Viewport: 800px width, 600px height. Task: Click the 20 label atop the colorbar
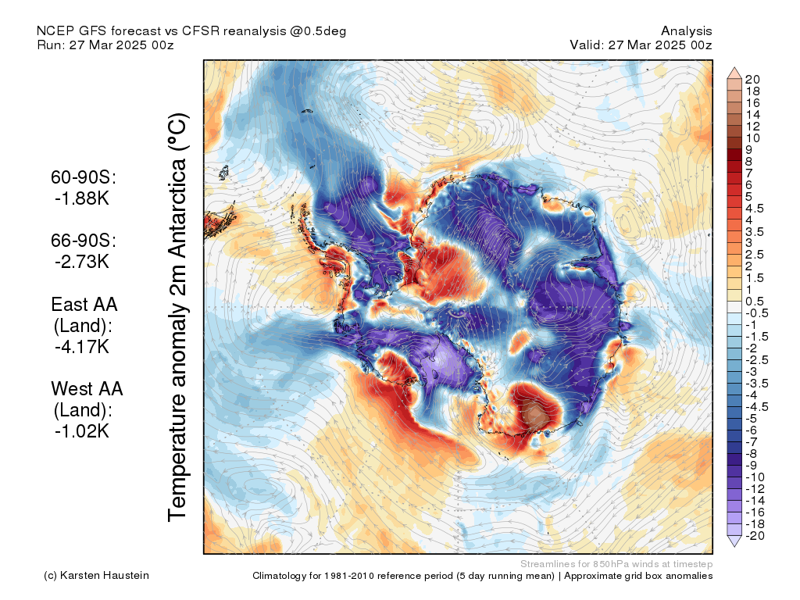752,80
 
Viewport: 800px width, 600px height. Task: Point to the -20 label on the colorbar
755,536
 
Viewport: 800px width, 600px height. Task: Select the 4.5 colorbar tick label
755,209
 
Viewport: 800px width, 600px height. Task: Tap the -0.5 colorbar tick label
756,313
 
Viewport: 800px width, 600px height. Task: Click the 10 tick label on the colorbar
752,138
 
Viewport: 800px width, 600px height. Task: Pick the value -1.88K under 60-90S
82,198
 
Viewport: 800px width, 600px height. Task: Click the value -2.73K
82,262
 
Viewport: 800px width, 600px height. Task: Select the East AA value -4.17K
82,347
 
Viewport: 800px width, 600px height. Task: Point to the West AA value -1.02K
82,431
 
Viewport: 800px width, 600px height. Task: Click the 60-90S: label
84,177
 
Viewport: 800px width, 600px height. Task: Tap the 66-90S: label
84,241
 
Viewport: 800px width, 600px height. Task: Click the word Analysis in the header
686,31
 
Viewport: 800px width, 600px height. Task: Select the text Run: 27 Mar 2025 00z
105,45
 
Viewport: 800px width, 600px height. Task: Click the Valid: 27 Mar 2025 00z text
641,45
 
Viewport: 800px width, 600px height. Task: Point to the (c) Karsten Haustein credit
96,576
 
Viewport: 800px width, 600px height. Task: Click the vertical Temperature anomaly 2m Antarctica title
178,317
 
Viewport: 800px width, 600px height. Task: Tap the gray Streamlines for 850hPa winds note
616,564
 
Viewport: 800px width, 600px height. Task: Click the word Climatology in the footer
279,576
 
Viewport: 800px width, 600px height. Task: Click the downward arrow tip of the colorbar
734,547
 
